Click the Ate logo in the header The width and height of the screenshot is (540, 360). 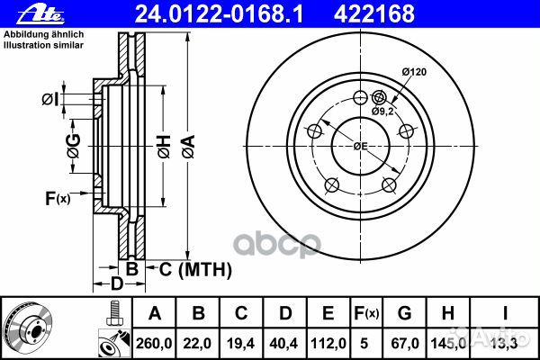[23, 13]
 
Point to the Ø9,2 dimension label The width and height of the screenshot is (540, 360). [384, 111]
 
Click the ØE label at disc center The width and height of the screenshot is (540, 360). [360, 146]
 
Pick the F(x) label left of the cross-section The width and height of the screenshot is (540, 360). [56, 197]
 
